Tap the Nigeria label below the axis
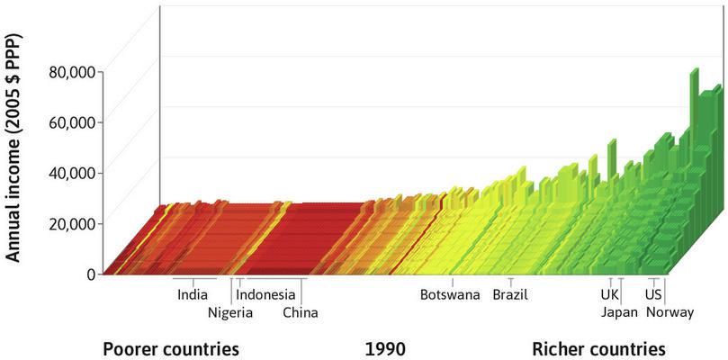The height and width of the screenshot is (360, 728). tap(230, 313)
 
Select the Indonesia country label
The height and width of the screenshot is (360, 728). tap(265, 294)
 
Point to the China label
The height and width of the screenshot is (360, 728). tap(300, 313)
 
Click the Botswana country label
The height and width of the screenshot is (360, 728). tap(450, 294)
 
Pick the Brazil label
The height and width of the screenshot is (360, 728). tap(510, 294)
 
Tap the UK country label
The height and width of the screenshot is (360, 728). tap(610, 294)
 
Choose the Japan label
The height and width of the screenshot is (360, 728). tap(619, 313)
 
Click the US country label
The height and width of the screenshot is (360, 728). tap(654, 294)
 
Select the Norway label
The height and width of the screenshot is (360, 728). tap(670, 313)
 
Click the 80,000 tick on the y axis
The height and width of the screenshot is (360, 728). tap(70, 71)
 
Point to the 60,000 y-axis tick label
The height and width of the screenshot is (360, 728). tap(70, 121)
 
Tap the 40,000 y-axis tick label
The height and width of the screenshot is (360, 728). tap(70, 172)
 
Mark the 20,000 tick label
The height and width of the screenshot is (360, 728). tap(70, 222)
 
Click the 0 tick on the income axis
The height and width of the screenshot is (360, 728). tap(91, 274)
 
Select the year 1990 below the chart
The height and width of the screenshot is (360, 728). tap(385, 348)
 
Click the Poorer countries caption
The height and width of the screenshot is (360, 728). tap(170, 348)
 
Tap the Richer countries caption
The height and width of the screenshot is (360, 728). tap(598, 348)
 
